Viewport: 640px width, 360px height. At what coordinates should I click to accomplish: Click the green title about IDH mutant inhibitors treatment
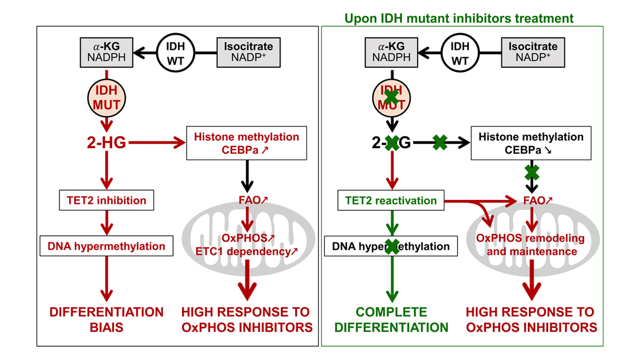click(x=459, y=19)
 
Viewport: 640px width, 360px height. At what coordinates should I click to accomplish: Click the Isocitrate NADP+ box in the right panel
click(x=533, y=52)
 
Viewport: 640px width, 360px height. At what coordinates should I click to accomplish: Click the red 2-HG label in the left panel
click(x=107, y=143)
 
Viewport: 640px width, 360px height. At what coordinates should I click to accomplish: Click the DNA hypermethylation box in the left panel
click(x=107, y=246)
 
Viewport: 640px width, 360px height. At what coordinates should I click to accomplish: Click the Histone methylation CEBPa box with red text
click(x=246, y=143)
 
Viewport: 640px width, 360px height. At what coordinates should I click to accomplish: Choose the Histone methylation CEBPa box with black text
click(x=531, y=143)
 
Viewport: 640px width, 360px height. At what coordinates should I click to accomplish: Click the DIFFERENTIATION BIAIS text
click(x=107, y=319)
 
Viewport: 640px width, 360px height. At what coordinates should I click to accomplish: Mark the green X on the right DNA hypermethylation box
click(x=392, y=246)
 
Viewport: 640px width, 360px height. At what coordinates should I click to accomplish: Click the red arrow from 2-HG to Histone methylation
click(x=155, y=143)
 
